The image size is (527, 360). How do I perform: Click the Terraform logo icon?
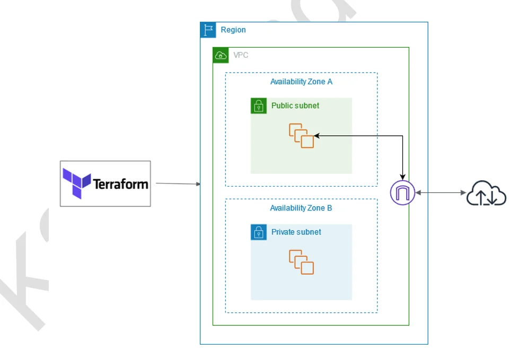pyautogui.click(x=76, y=183)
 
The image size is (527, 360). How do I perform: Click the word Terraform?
pyautogui.click(x=120, y=185)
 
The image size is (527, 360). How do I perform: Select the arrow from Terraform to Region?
pyautogui.click(x=178, y=184)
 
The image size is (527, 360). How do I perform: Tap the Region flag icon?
pyautogui.click(x=208, y=30)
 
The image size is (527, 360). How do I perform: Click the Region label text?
pyautogui.click(x=233, y=30)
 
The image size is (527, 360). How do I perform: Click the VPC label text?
pyautogui.click(x=241, y=55)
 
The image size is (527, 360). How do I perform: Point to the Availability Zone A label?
pyautogui.click(x=301, y=82)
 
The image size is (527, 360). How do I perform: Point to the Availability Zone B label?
pyautogui.click(x=301, y=208)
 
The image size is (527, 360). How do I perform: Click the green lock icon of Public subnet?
pyautogui.click(x=258, y=106)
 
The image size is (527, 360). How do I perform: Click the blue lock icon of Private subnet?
pyautogui.click(x=258, y=232)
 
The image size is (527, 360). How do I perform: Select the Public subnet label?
pyautogui.click(x=295, y=106)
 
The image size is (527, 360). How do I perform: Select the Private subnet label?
pyautogui.click(x=296, y=232)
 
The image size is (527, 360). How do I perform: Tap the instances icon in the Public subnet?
pyautogui.click(x=301, y=135)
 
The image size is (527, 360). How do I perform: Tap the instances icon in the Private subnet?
pyautogui.click(x=301, y=262)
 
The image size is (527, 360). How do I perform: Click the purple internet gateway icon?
pyautogui.click(x=402, y=192)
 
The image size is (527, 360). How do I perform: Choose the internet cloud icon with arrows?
pyautogui.click(x=486, y=194)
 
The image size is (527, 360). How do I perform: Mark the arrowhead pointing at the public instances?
pyautogui.click(x=317, y=136)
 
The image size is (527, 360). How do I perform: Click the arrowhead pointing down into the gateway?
pyautogui.click(x=403, y=177)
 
